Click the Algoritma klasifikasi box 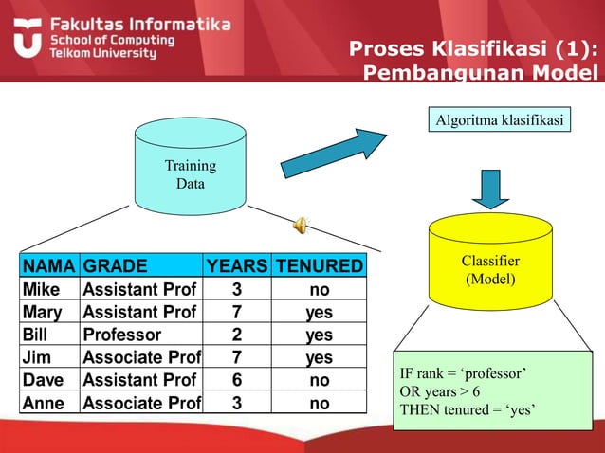pos(498,120)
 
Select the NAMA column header pos(49,266)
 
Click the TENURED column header pos(319,266)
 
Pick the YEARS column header pos(237,266)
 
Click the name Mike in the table pos(41,289)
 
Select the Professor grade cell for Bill pos(122,335)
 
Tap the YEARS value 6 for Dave pos(237,380)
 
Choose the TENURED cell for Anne pos(319,403)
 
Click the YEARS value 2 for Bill pos(237,335)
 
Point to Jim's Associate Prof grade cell pos(141,357)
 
